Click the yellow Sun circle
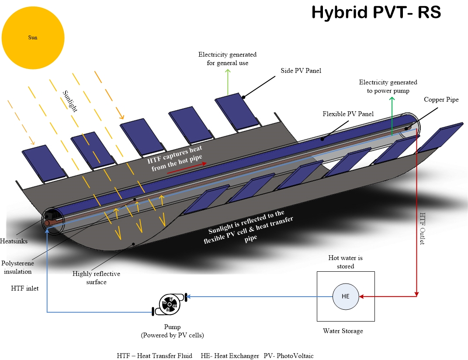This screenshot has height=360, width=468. pyautogui.click(x=33, y=38)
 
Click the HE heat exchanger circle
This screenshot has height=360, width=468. pyautogui.click(x=346, y=296)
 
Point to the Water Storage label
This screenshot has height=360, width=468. pyautogui.click(x=343, y=331)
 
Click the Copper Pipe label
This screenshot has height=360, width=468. pyautogui.click(x=441, y=100)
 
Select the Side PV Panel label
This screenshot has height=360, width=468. pyautogui.click(x=301, y=70)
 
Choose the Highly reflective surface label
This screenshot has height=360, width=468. pyautogui.click(x=96, y=278)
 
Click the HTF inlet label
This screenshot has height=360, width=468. pyautogui.click(x=25, y=288)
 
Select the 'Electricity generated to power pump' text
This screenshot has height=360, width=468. pyautogui.click(x=388, y=86)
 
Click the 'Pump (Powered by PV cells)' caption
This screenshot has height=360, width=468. pyautogui.click(x=172, y=331)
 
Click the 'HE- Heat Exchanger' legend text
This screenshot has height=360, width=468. pyautogui.click(x=228, y=356)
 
